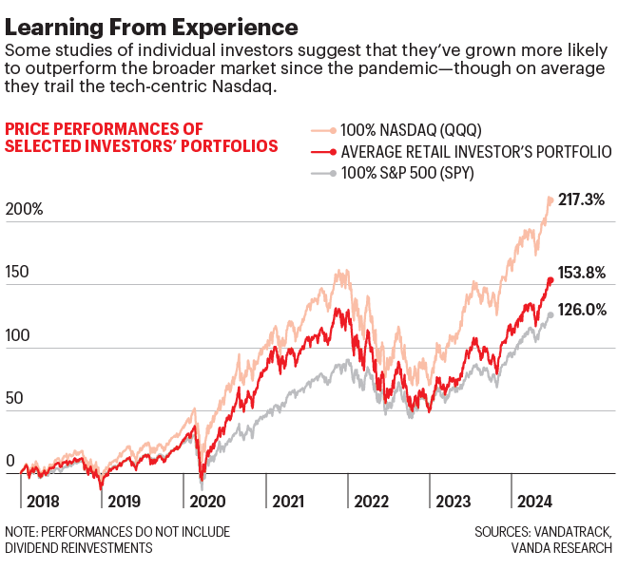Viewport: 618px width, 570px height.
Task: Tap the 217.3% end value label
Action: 581,201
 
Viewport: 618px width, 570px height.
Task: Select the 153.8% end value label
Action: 581,273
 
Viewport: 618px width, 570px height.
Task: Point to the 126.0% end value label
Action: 581,309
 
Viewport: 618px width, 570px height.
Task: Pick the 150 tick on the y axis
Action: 18,273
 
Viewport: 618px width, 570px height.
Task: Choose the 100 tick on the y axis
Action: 18,336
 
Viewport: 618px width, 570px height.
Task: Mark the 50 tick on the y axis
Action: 14,400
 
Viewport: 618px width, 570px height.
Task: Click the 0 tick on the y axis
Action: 10,463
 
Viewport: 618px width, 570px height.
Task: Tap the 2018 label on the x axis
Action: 44,501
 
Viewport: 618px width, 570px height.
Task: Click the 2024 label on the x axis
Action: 533,501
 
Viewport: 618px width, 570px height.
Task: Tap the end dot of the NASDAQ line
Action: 550,199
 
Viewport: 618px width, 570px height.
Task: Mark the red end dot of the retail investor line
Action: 550,280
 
